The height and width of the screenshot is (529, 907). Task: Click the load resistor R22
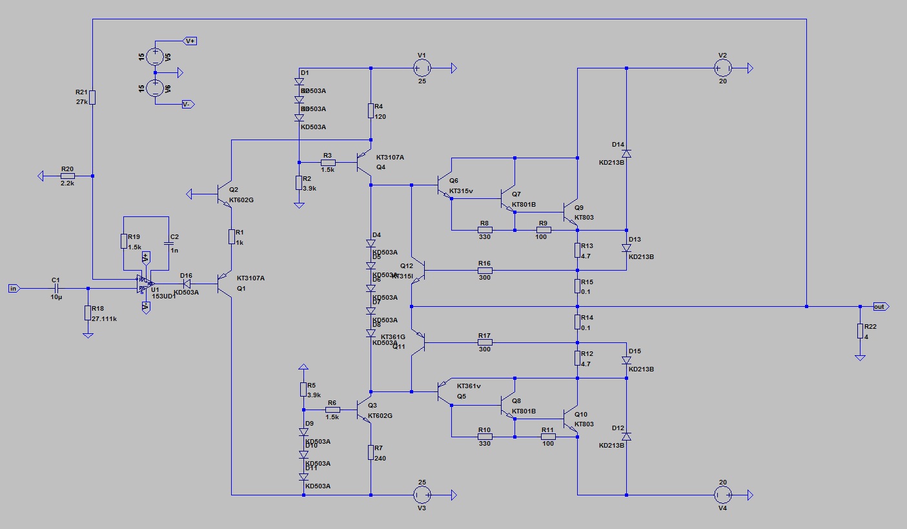point(859,331)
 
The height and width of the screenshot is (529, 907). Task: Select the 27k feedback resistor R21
point(93,98)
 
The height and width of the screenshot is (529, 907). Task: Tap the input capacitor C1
point(56,288)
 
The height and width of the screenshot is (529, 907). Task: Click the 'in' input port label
point(13,288)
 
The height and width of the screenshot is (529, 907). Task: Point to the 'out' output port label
point(879,306)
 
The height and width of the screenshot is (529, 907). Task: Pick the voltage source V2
point(722,68)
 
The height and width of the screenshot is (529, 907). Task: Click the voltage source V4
point(722,495)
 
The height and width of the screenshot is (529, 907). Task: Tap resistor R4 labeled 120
point(371,110)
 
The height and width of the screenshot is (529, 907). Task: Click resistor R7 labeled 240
point(371,451)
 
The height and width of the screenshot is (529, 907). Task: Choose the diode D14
point(626,153)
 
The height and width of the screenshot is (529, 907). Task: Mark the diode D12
point(626,437)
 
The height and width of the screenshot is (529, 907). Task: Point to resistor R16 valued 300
point(485,270)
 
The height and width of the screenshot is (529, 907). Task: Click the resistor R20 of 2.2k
point(67,176)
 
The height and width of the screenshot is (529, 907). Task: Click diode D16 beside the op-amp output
point(187,284)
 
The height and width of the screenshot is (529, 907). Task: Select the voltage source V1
point(422,68)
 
